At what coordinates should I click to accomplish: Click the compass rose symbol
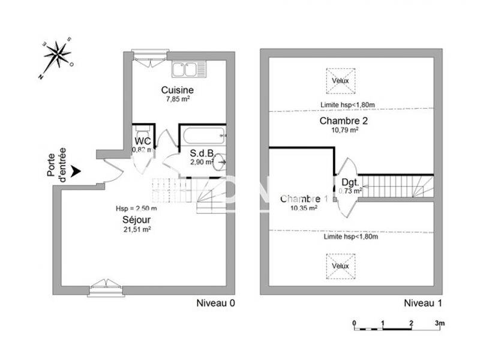click(x=57, y=56)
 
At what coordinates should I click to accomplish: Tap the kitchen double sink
click(x=188, y=70)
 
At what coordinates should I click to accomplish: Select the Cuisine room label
click(x=177, y=90)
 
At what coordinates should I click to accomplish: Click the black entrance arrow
click(x=75, y=172)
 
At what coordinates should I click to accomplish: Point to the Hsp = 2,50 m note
click(x=136, y=209)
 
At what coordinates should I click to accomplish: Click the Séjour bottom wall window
click(x=106, y=288)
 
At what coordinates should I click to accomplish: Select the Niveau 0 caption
click(x=216, y=303)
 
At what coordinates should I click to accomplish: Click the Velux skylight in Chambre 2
click(x=340, y=81)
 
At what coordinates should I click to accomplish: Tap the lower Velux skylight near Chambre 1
click(x=340, y=266)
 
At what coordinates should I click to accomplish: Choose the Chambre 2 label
click(x=344, y=121)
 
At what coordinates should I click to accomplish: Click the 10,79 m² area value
click(x=344, y=130)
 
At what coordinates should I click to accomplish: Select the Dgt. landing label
click(x=350, y=182)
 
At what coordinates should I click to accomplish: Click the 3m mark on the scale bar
click(x=440, y=323)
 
